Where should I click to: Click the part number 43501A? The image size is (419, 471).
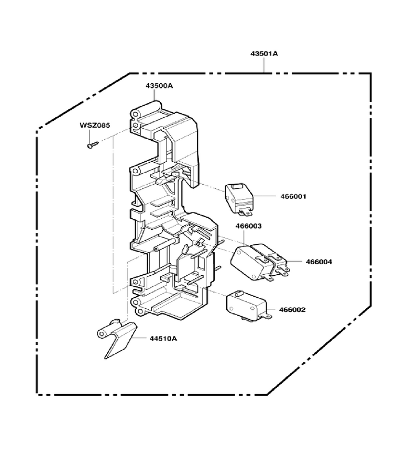264,54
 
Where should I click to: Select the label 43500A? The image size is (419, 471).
159,86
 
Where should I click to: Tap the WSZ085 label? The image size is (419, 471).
95,125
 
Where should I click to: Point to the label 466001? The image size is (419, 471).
293,196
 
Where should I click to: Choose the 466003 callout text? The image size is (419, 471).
249,226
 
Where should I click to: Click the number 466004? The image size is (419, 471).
319,262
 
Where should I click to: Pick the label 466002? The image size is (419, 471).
292,310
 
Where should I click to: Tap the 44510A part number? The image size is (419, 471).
163,339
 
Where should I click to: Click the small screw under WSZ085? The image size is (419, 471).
93,145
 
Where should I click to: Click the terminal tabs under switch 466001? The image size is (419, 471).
245,212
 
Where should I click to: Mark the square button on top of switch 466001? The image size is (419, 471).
239,187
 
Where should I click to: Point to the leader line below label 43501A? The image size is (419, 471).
264,65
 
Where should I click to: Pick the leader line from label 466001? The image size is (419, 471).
265,196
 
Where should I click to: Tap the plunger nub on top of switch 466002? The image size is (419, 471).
239,293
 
